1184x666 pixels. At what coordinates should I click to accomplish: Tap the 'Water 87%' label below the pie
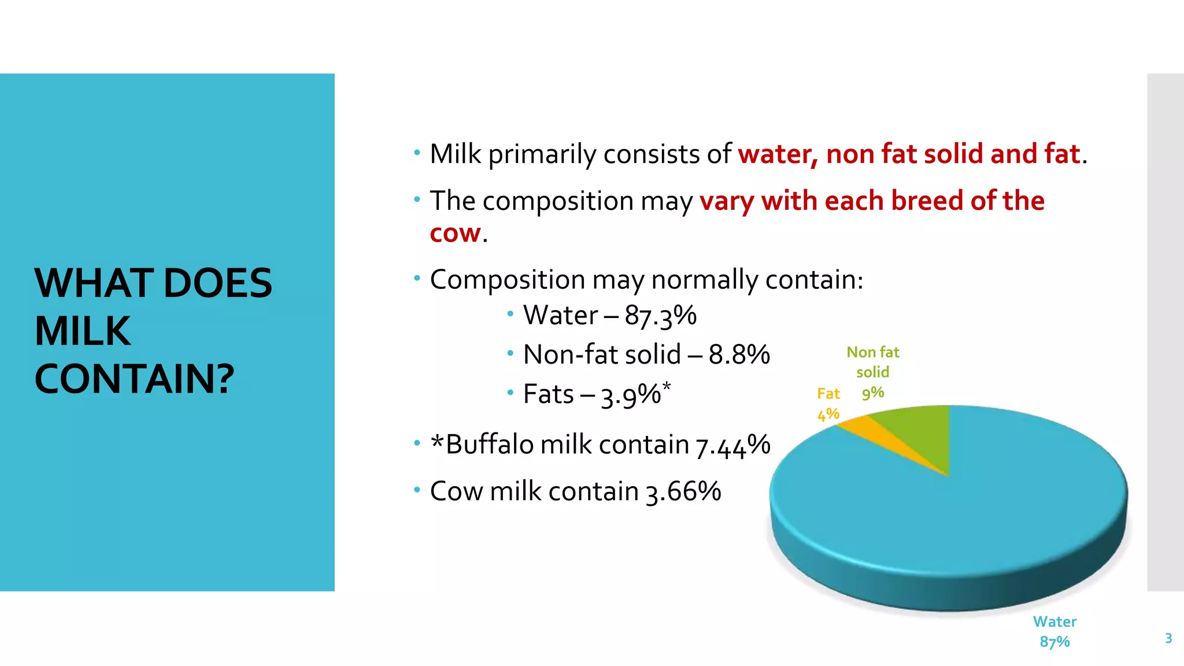1054,631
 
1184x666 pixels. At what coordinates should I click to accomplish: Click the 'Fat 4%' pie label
828,404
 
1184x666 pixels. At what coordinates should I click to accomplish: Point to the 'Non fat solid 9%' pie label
873,372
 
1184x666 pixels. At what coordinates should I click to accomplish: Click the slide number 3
1168,638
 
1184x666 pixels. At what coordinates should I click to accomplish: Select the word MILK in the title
83,331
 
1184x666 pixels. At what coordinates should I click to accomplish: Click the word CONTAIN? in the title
134,379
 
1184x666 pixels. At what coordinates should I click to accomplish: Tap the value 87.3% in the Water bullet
660,316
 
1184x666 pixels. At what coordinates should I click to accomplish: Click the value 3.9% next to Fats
631,395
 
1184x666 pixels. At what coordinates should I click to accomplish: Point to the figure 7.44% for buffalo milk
732,445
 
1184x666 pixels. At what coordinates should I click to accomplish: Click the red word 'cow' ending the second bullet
455,233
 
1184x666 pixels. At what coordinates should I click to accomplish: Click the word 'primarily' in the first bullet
542,154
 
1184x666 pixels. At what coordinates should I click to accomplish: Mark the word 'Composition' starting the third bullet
507,280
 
